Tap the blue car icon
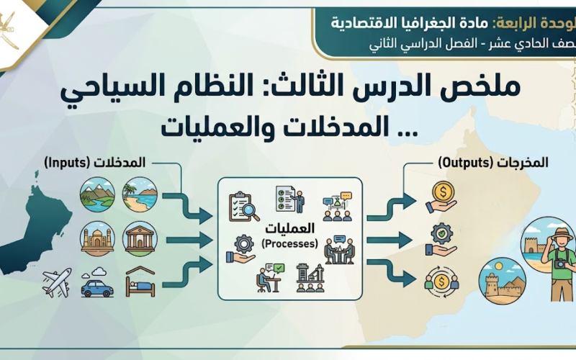[x=96, y=286]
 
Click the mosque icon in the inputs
[x=97, y=238]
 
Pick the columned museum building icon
[x=140, y=238]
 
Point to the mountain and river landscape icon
[x=97, y=194]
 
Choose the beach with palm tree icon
[x=140, y=194]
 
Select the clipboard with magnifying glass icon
[x=244, y=207]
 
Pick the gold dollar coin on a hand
[x=441, y=197]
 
